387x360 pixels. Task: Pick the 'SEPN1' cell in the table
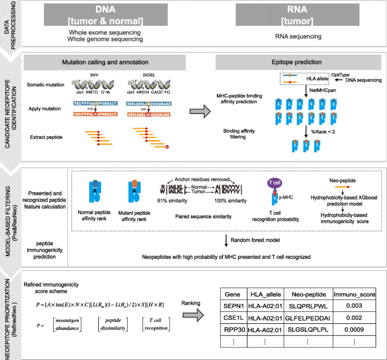tap(233, 305)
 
